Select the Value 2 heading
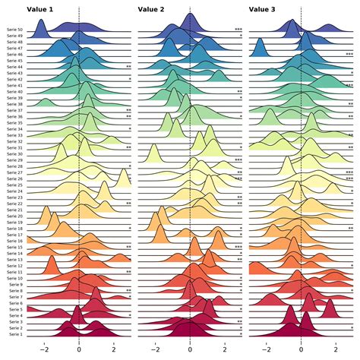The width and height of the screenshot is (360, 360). click(x=151, y=9)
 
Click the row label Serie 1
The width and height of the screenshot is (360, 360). click(x=15, y=334)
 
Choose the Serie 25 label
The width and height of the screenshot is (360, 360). click(x=14, y=185)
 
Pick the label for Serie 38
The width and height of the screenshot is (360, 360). click(x=14, y=104)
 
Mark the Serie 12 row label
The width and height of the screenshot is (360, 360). click(x=14, y=266)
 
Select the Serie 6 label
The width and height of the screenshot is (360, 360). click(x=15, y=303)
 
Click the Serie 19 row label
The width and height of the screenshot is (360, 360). click(x=14, y=222)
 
